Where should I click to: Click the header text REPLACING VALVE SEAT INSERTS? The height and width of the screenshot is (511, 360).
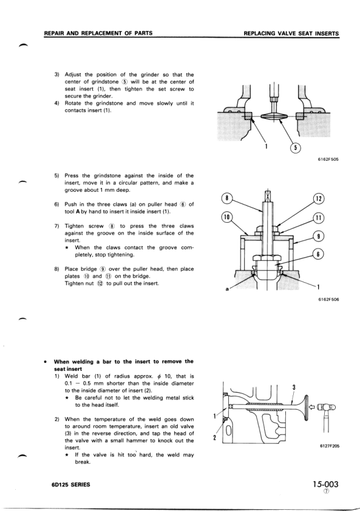pyautogui.click(x=290, y=33)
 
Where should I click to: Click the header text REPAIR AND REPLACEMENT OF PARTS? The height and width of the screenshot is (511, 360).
pyautogui.click(x=98, y=33)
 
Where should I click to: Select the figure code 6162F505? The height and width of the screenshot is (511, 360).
pyautogui.click(x=327, y=160)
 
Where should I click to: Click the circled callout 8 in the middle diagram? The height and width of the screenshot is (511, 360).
pyautogui.click(x=228, y=198)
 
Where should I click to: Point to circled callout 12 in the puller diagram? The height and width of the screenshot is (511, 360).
pyautogui.click(x=319, y=198)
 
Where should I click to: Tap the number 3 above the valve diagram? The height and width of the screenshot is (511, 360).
pyautogui.click(x=293, y=387)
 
